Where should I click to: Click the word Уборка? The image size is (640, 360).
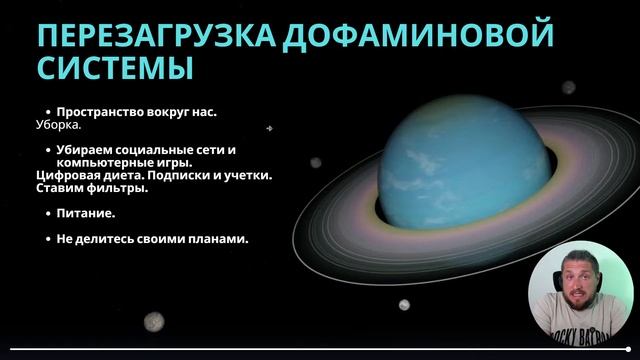tap(58, 129)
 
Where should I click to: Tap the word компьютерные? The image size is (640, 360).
tap(103, 162)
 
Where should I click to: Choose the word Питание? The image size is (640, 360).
tap(85, 214)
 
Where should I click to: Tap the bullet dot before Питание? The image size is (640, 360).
tap(48, 214)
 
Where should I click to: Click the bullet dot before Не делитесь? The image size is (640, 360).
tap(48, 239)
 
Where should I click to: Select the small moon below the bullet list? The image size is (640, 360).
tap(153, 320)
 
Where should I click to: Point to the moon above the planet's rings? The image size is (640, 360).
tap(567, 87)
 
